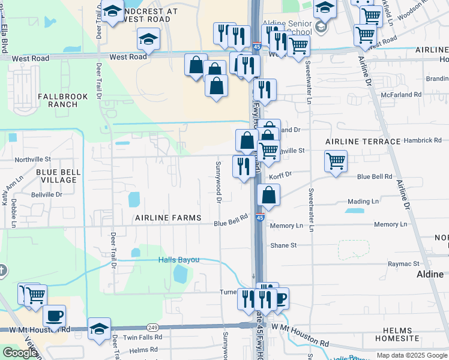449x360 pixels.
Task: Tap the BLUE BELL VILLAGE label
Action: click(x=58, y=176)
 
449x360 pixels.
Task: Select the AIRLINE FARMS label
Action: click(x=167, y=217)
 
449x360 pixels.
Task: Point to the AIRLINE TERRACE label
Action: click(x=363, y=141)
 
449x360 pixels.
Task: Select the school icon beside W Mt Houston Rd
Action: click(x=100, y=329)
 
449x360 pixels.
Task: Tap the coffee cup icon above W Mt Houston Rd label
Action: click(x=54, y=316)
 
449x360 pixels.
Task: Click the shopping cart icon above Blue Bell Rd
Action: click(x=336, y=161)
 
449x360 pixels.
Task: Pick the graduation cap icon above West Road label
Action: click(x=148, y=39)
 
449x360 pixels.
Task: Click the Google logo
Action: click(x=20, y=353)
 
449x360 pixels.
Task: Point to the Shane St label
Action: click(x=283, y=245)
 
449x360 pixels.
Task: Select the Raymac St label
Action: click(x=403, y=263)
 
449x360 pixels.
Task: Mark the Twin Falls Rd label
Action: click(x=142, y=338)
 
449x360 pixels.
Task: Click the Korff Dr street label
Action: click(x=280, y=175)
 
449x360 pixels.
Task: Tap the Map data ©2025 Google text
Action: click(x=412, y=355)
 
